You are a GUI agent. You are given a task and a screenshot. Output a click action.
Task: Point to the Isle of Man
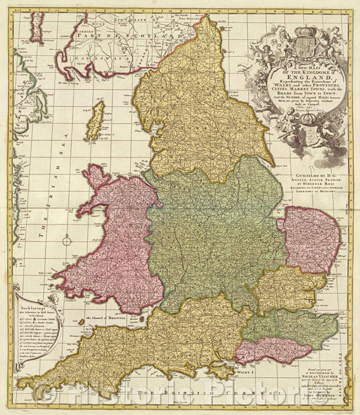pyautogui.click(x=96, y=130)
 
